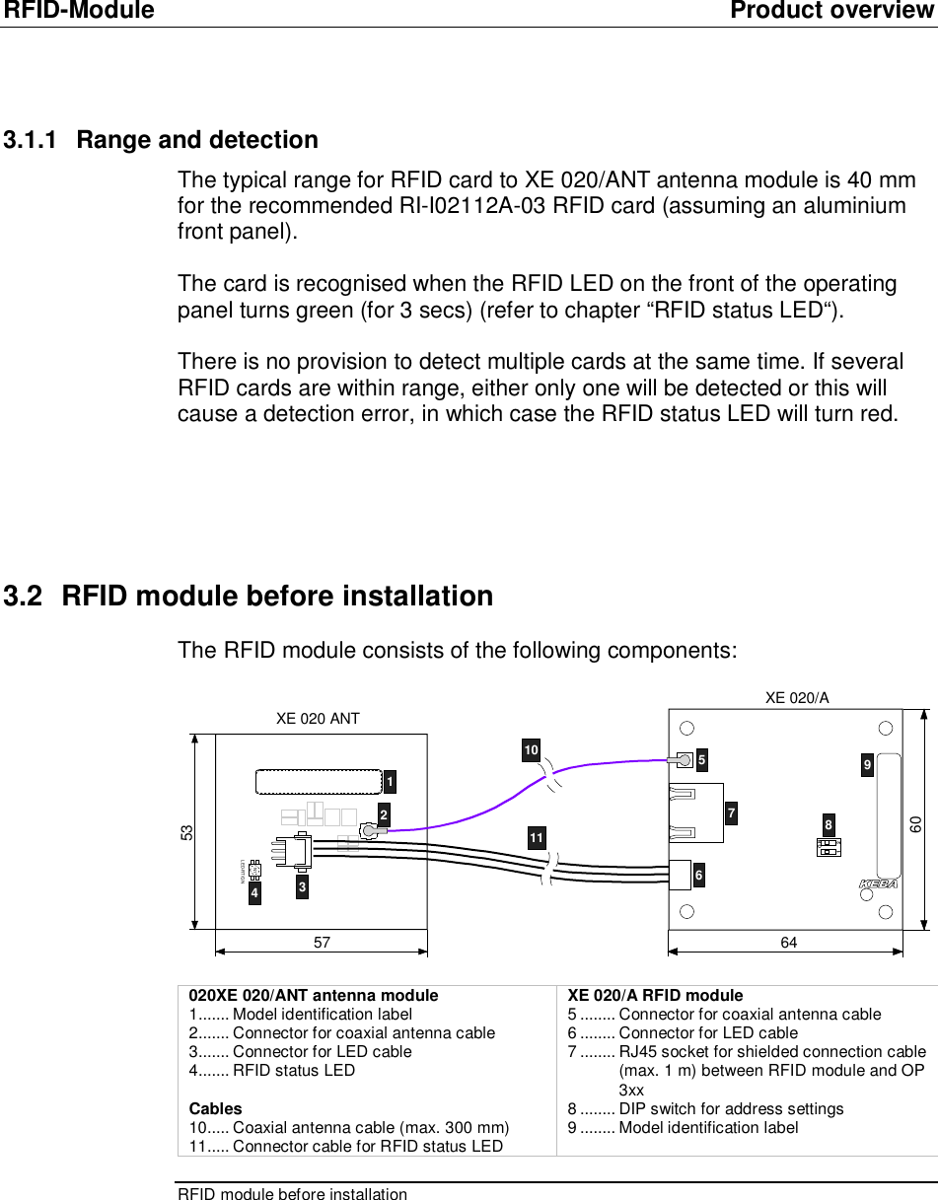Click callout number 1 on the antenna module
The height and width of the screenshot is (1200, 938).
point(391,783)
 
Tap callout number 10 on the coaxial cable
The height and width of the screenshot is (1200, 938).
point(531,751)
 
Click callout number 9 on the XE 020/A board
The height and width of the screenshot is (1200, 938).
point(866,764)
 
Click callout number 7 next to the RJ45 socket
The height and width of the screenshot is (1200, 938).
point(731,813)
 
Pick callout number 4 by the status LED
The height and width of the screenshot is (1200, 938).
point(254,893)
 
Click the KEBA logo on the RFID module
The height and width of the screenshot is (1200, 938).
point(877,883)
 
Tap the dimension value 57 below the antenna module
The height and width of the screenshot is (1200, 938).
point(322,943)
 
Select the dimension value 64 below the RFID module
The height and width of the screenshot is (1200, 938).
point(788,943)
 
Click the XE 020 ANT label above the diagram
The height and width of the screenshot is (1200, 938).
point(318,719)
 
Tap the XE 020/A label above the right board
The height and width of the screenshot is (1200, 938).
point(797,698)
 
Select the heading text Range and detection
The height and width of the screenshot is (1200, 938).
point(197,140)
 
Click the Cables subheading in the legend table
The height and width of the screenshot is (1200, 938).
point(215,1108)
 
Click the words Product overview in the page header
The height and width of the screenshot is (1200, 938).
point(832,11)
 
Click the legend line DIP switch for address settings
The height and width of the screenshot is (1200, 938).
point(731,1108)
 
